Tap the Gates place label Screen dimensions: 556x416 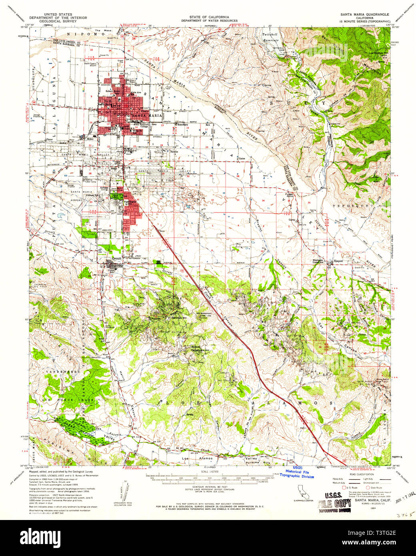241,158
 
